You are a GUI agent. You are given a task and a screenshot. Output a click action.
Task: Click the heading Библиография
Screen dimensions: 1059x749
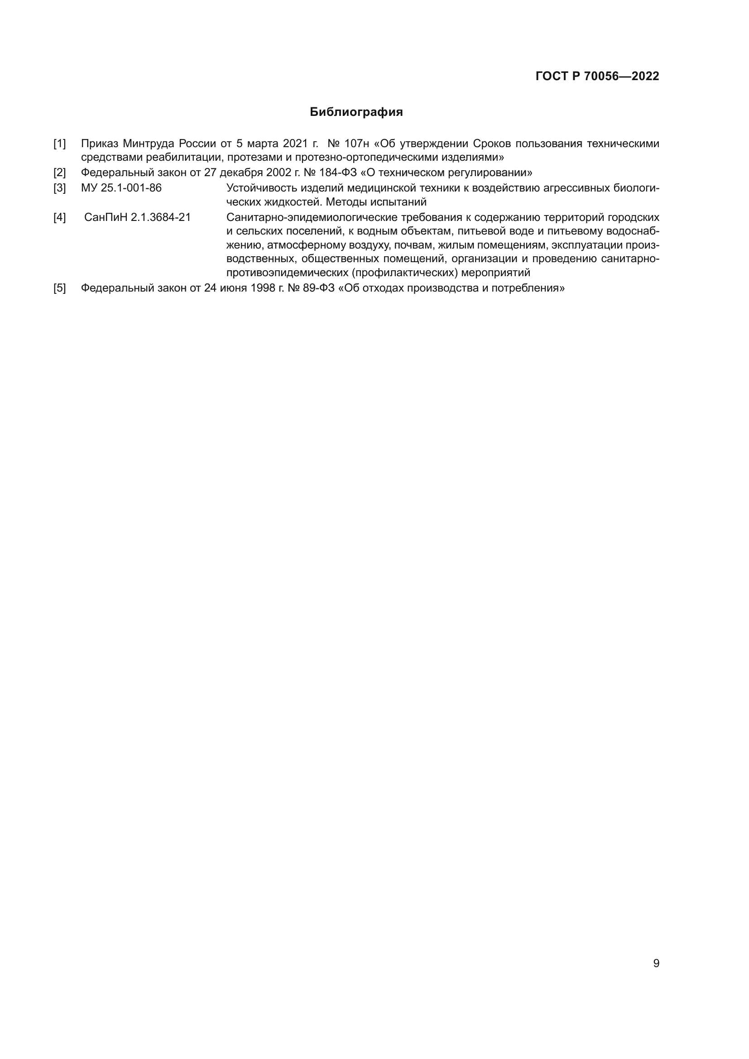(356, 112)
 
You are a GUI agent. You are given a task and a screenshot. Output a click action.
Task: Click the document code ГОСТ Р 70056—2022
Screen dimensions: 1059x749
(597, 77)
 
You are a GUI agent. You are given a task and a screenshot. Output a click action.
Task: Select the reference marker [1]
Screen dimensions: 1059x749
(59, 144)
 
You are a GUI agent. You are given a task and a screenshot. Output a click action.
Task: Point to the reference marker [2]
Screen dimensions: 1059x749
(59, 173)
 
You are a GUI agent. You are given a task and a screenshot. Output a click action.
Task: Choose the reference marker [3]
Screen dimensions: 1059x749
(59, 188)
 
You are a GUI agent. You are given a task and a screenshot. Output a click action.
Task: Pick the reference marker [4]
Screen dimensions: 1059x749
(59, 217)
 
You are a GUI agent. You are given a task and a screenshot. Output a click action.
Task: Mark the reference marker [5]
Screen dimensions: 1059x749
(59, 288)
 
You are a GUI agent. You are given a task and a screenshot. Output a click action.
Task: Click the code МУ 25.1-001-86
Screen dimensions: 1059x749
(121, 188)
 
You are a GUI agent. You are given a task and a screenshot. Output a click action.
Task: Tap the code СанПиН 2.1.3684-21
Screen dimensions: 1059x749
(138, 217)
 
